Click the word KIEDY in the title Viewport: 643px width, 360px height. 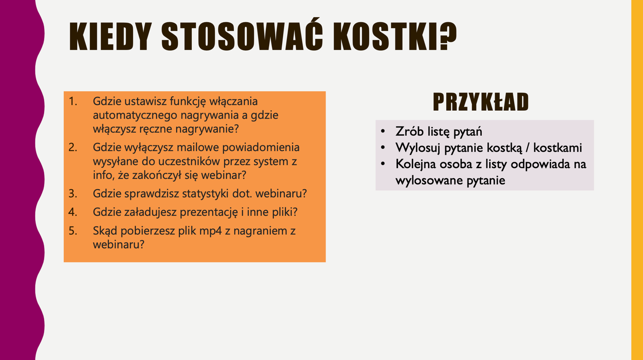click(x=111, y=37)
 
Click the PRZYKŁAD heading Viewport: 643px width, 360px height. click(x=481, y=102)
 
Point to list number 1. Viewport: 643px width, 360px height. click(x=73, y=101)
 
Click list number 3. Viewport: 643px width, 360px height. click(x=73, y=194)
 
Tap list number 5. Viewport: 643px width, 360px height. click(x=73, y=231)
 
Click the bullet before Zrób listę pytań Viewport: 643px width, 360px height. click(x=383, y=132)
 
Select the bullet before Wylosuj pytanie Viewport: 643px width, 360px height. click(x=383, y=148)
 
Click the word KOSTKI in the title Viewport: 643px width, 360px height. click(x=383, y=37)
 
